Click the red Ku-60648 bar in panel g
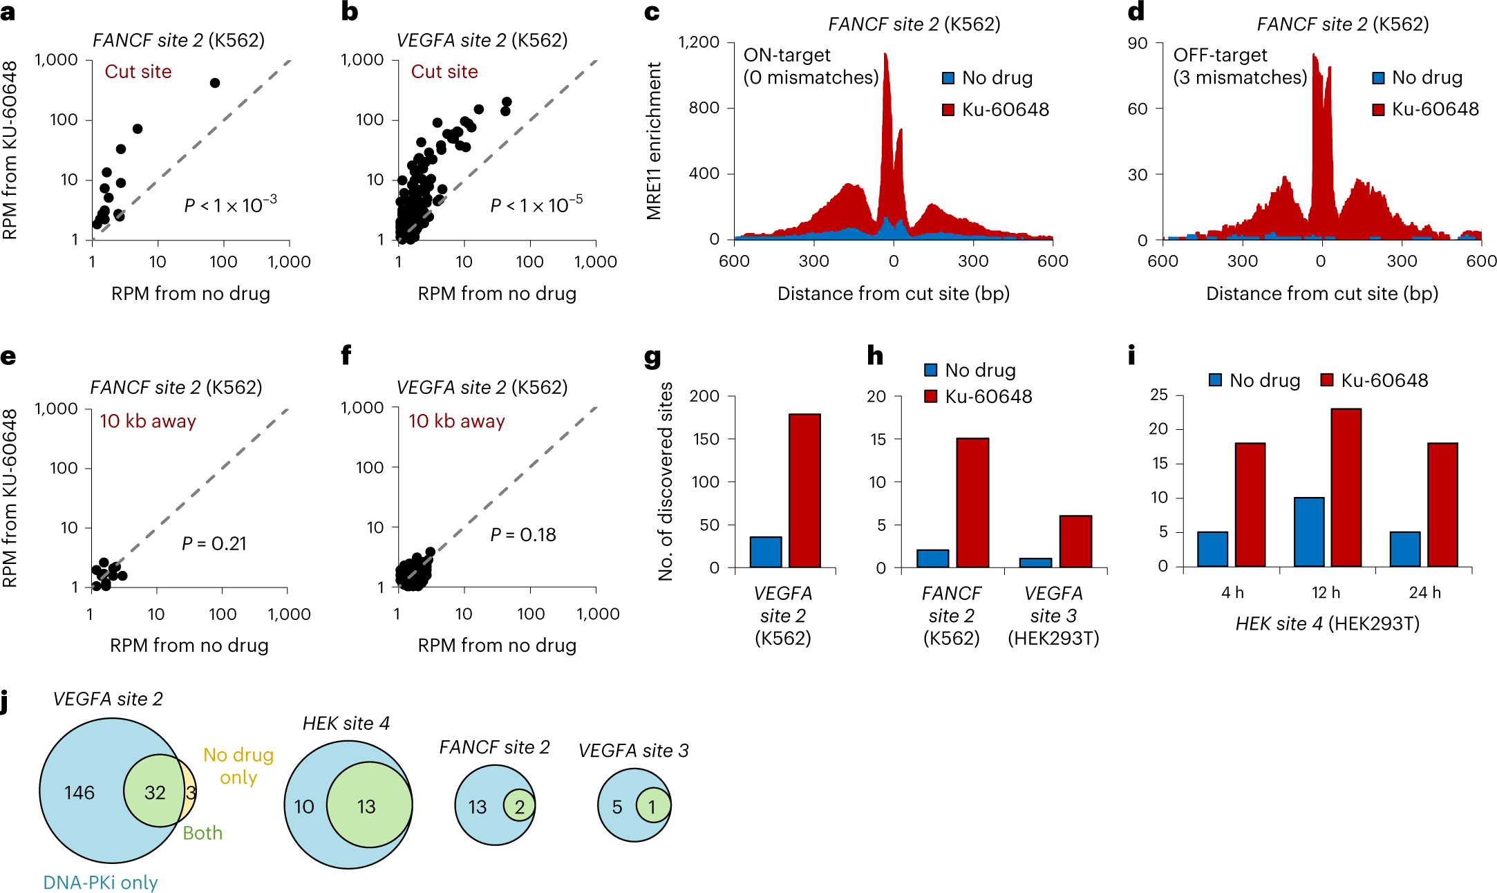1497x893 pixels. [x=804, y=491]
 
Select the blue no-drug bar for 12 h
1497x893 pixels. [x=1308, y=532]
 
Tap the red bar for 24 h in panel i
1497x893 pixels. [x=1442, y=505]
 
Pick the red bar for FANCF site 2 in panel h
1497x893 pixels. [x=972, y=502]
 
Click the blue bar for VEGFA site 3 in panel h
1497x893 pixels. [x=1035, y=563]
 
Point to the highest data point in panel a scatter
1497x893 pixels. [x=215, y=83]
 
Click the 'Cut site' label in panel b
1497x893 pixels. [x=444, y=72]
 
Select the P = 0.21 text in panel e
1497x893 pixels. [x=214, y=544]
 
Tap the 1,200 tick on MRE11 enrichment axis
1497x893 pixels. [x=699, y=42]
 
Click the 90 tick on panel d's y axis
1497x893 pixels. [x=1138, y=44]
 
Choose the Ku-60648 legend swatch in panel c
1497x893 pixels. [x=948, y=110]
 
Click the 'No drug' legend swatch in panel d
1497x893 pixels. [x=1378, y=78]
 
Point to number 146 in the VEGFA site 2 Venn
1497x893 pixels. [x=79, y=793]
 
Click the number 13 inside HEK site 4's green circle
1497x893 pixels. [x=366, y=807]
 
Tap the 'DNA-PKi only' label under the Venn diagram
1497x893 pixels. [x=100, y=883]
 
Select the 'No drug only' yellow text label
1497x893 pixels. [x=238, y=766]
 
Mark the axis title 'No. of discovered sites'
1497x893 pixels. [x=666, y=481]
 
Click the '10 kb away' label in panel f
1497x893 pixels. [x=456, y=421]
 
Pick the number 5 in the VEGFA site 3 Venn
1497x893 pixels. [x=617, y=807]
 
